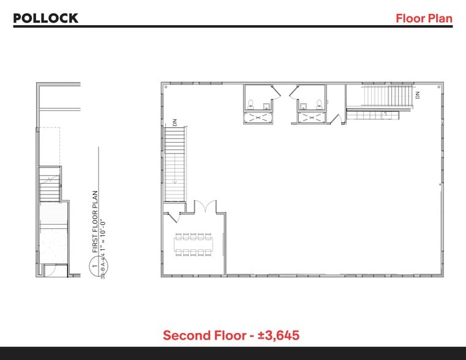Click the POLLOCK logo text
[46, 18]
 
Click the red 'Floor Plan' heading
[424, 18]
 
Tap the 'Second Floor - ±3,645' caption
[231, 336]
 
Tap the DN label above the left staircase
[175, 122]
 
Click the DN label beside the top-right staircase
[418, 95]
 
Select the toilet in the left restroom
[265, 105]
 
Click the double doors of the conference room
[205, 206]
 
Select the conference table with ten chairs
[192, 244]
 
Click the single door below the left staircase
[173, 216]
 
